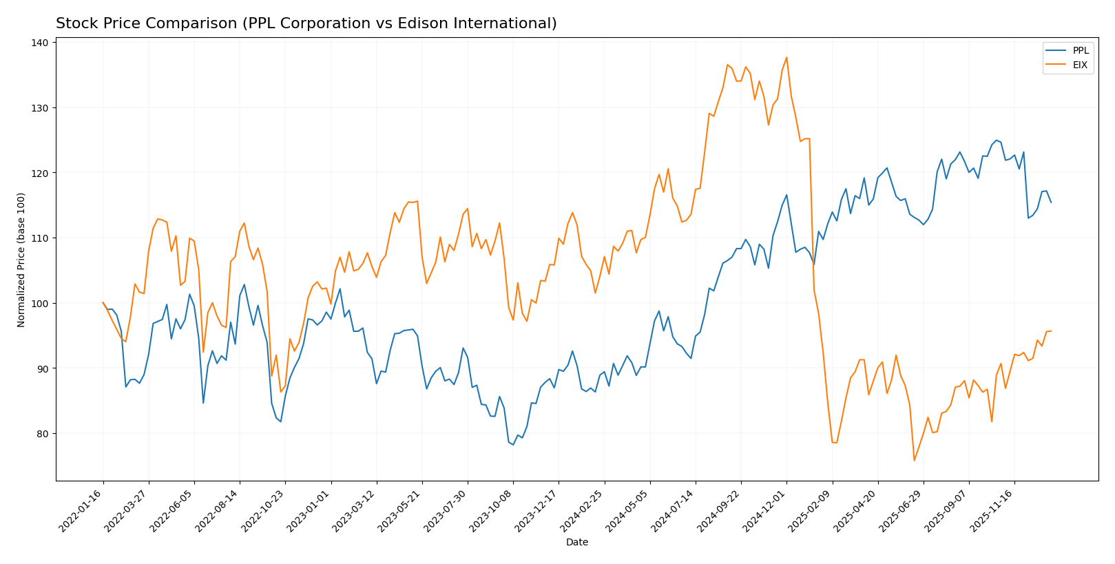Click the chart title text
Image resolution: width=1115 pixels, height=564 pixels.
(306, 23)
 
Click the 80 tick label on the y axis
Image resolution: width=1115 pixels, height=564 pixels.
(42, 434)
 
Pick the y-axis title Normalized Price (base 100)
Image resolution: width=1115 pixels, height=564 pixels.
(21, 260)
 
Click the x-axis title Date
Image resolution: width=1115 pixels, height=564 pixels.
(576, 543)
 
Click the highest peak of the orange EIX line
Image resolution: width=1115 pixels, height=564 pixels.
(786, 57)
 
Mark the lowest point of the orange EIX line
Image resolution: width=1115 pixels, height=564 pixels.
(914, 460)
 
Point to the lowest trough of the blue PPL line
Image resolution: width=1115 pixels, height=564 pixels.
(513, 444)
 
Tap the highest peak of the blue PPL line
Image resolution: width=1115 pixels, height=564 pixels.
(996, 140)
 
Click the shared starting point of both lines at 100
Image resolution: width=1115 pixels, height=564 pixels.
(103, 302)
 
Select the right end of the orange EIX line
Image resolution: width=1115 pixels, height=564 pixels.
(1051, 331)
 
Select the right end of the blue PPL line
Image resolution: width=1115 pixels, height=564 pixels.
(1051, 202)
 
